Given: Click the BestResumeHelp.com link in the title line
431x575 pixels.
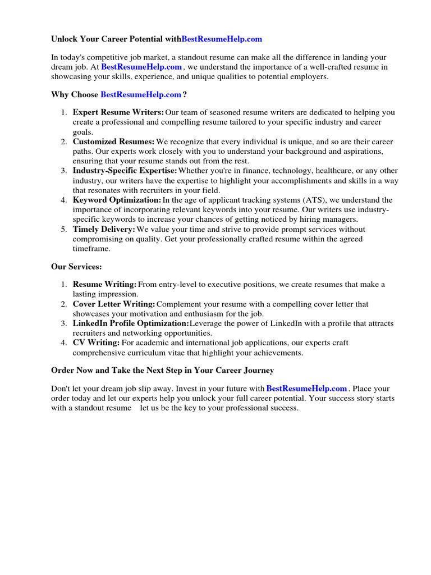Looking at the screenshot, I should [222, 39].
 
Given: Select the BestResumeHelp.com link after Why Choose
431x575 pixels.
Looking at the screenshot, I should [141, 94].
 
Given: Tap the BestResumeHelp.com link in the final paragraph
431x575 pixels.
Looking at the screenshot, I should [306, 389].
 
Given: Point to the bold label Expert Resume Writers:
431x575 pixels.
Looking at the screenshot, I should [118, 112].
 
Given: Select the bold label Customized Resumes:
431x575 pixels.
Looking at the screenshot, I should [113, 142].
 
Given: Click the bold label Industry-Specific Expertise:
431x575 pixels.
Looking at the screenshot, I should [125, 171].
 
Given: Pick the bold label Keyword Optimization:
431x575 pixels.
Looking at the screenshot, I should [117, 200].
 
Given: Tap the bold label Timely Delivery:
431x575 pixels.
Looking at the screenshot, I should [104, 229].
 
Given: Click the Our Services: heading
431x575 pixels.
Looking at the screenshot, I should [76, 267].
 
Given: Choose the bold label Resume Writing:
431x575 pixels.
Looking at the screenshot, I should [104, 285].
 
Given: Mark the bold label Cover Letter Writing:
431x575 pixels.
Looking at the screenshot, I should [114, 304].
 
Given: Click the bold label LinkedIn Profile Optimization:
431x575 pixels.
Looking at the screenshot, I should [131, 323].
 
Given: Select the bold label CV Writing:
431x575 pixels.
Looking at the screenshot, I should [96, 343].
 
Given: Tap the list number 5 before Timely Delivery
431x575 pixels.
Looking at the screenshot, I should [64, 229].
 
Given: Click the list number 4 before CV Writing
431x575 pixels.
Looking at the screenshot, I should [64, 343].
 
